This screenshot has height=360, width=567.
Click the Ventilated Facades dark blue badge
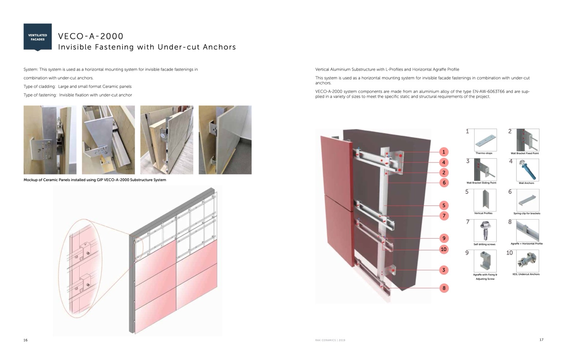click(x=37, y=37)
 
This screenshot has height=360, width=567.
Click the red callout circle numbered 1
click(x=443, y=152)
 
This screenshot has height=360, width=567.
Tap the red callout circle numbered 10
click(x=443, y=250)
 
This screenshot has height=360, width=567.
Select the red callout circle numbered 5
click(x=443, y=206)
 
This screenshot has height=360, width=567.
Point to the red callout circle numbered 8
click(x=444, y=288)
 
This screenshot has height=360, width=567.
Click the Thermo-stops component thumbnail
click(x=485, y=140)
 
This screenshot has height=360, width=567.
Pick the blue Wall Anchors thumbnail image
click(x=527, y=170)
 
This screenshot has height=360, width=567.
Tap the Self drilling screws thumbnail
click(x=485, y=230)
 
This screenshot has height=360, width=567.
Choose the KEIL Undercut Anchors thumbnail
click(x=527, y=261)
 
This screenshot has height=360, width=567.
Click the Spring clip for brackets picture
click(x=528, y=200)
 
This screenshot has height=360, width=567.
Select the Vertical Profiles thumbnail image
click(x=485, y=200)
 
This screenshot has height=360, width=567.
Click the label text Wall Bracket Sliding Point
click(x=481, y=183)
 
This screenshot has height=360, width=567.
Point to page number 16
click(x=25, y=340)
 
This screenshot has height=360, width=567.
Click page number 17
click(x=541, y=340)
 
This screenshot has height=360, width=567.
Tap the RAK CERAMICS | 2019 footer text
click(x=330, y=340)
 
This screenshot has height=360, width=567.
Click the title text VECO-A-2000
click(x=91, y=36)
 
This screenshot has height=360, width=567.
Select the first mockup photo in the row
click(x=50, y=140)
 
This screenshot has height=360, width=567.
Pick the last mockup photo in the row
click(x=225, y=140)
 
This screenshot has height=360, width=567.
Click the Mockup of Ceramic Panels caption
click(x=95, y=180)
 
